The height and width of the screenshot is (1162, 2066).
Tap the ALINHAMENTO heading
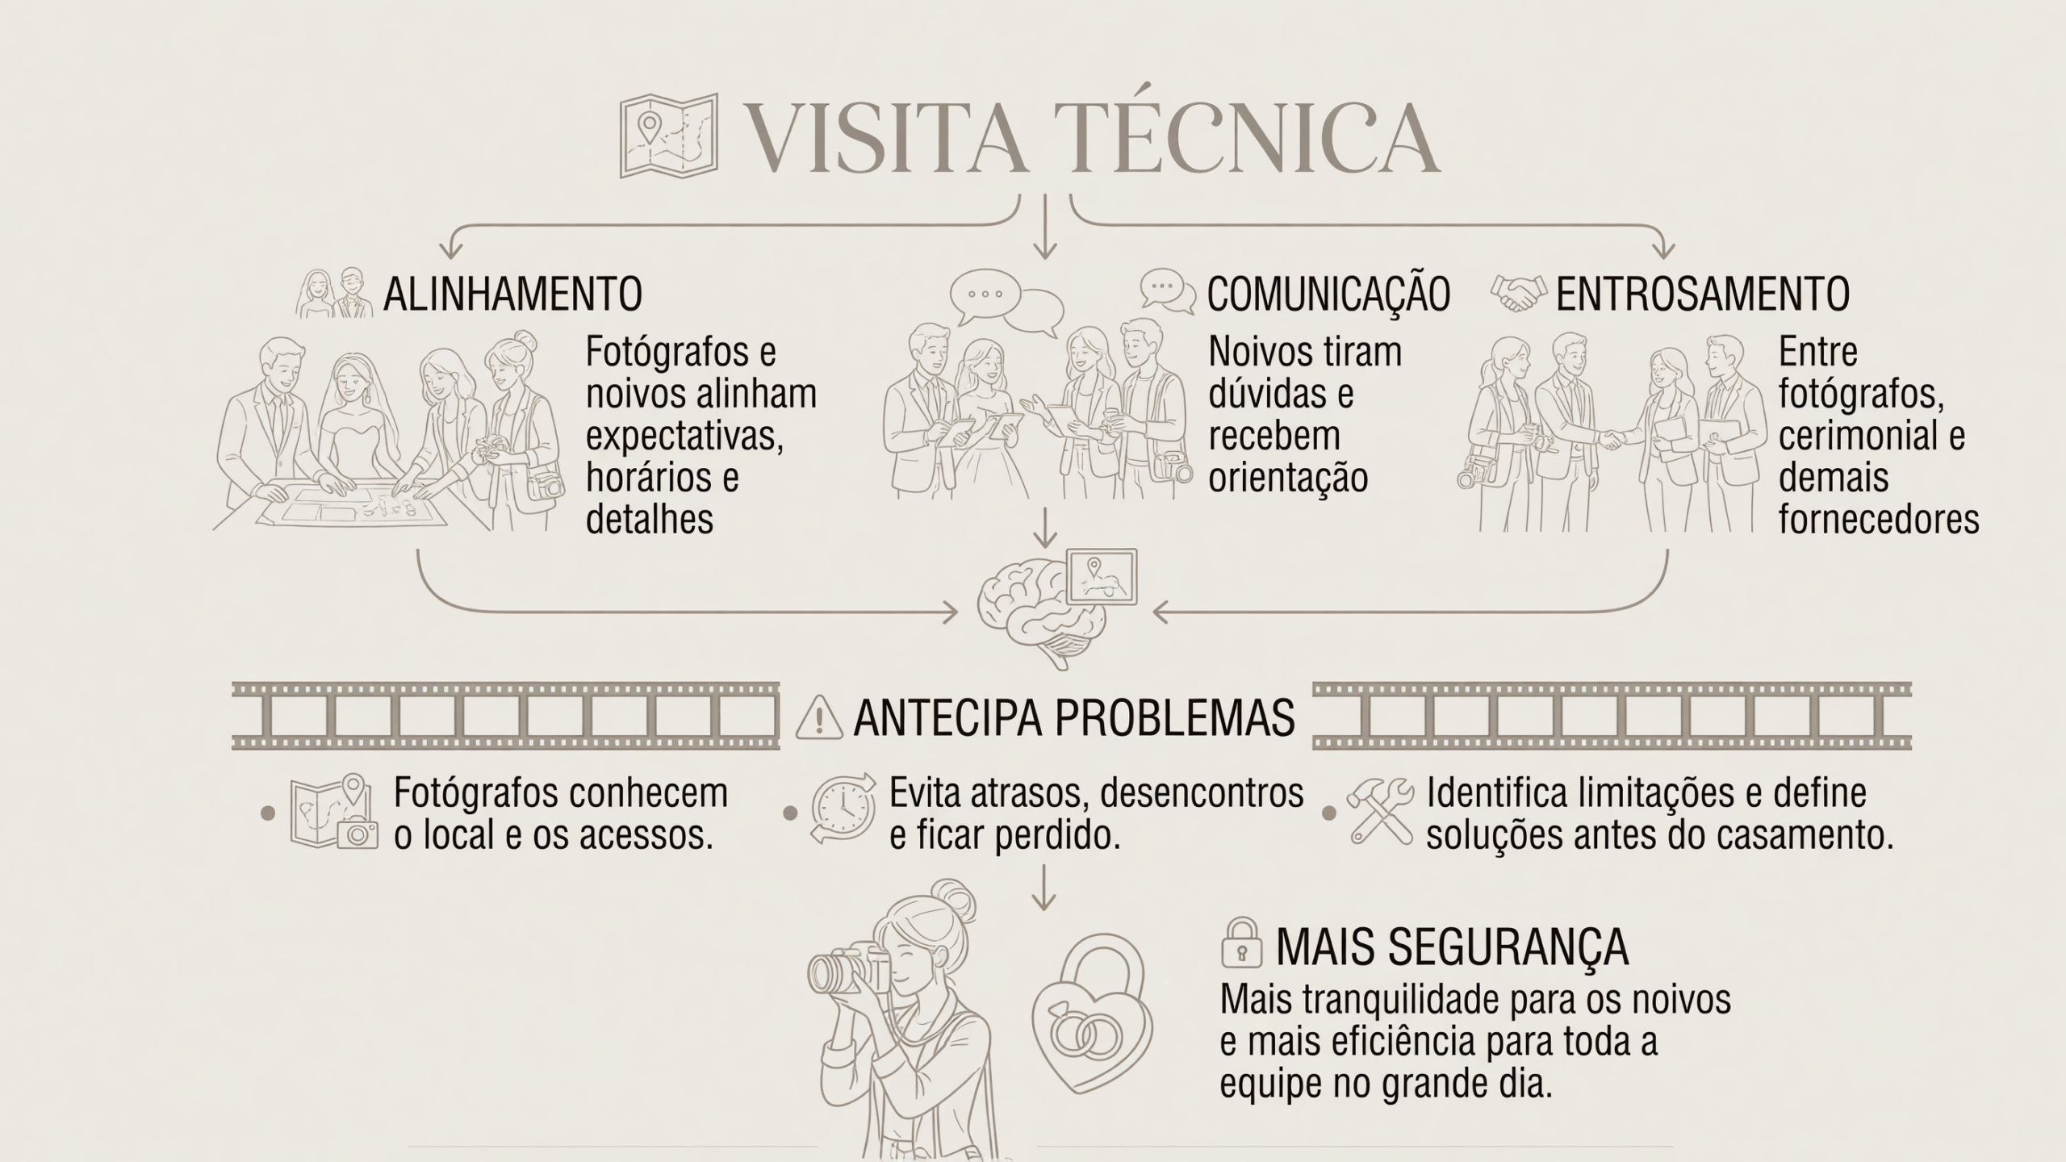click(512, 294)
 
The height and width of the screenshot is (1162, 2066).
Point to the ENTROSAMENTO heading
click(1703, 294)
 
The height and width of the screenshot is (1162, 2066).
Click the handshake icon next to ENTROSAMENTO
click(1519, 294)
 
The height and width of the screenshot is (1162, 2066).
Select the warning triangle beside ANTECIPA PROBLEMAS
click(819, 717)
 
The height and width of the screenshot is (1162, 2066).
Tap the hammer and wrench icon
click(1380, 812)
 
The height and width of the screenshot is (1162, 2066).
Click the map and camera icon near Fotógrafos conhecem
click(334, 812)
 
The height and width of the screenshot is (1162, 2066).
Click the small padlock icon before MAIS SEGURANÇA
click(1242, 943)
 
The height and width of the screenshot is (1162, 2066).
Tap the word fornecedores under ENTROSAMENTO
click(1879, 520)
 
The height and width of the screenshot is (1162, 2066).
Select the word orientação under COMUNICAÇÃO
click(1288, 479)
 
